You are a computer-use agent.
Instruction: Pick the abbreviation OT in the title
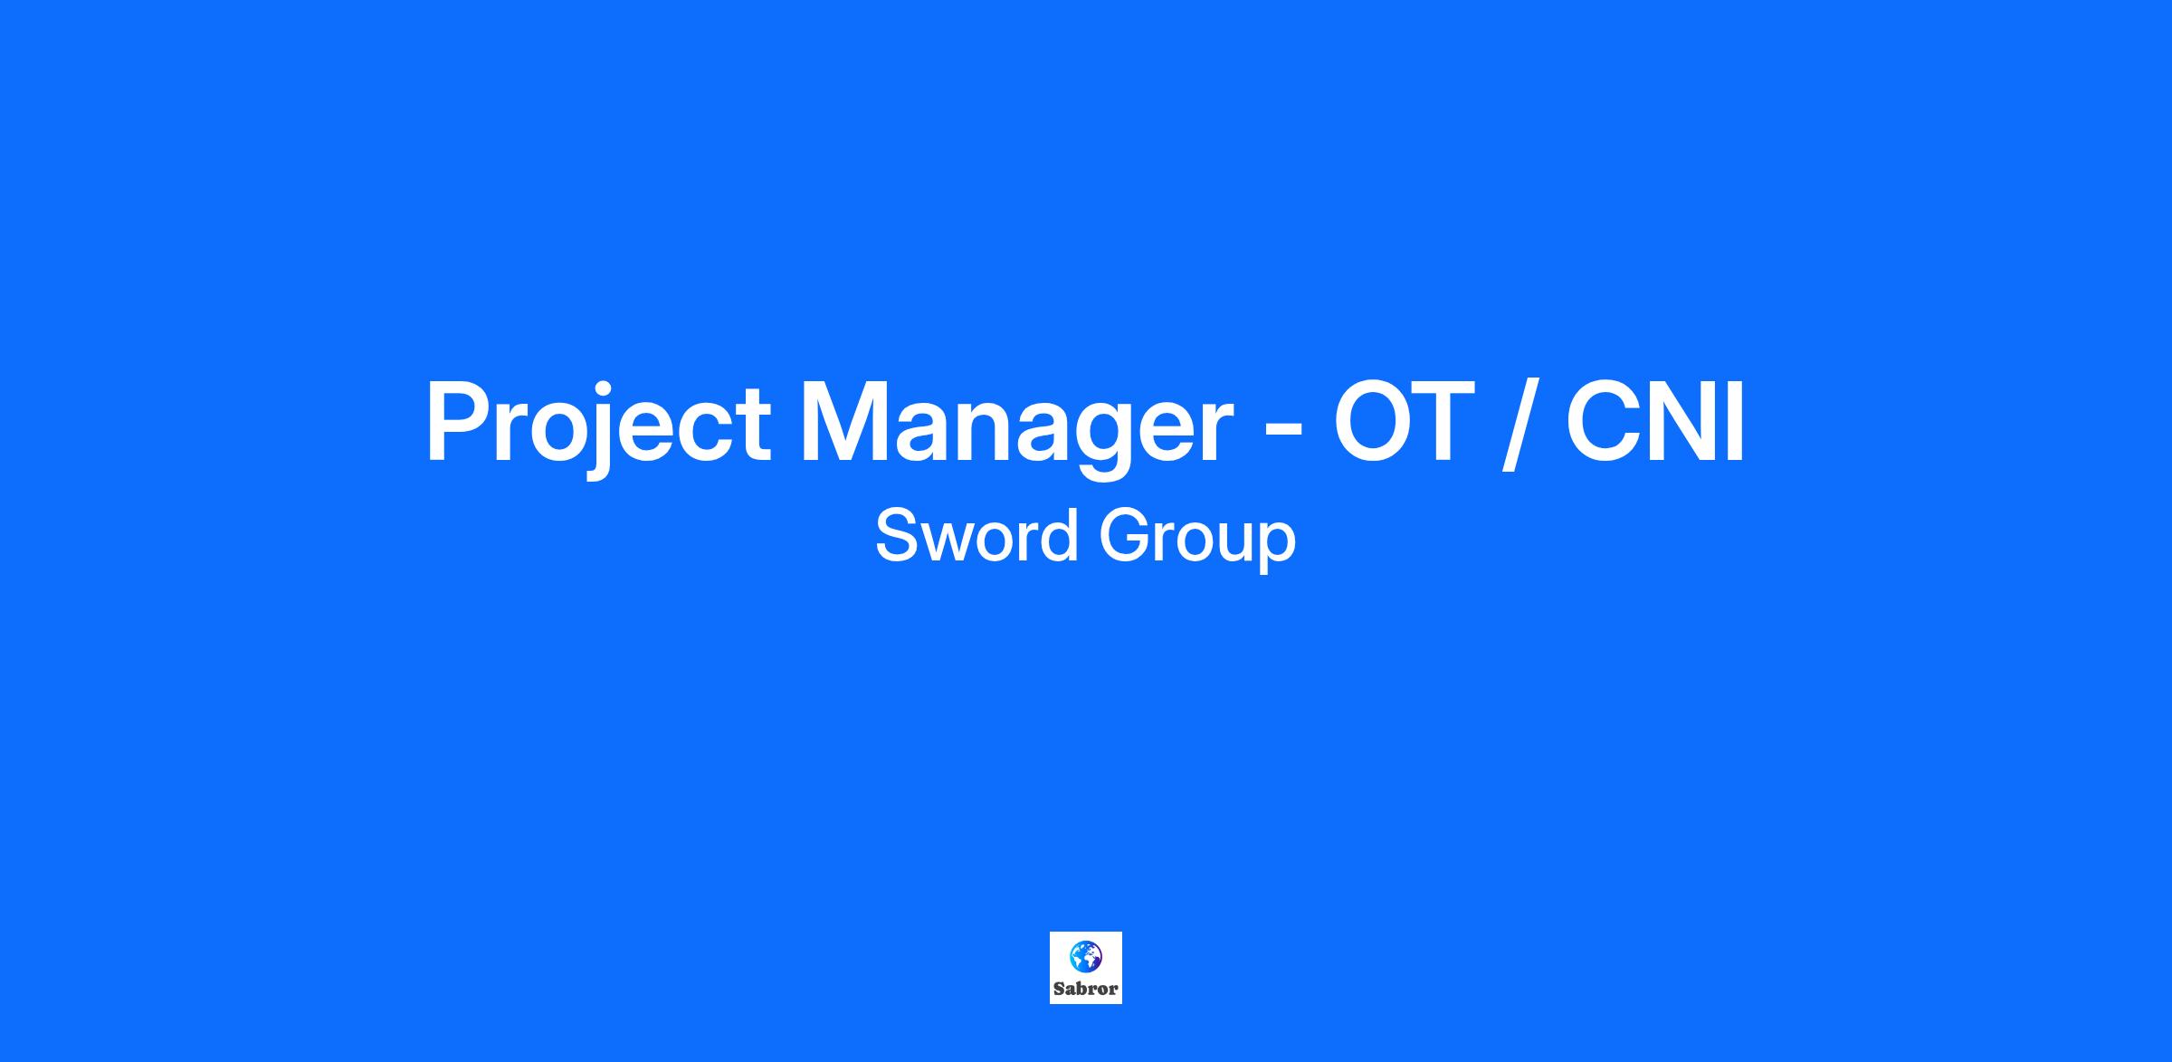pos(1398,419)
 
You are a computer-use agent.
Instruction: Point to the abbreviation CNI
pos(1655,419)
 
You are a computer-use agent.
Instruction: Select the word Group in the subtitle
pos(1197,541)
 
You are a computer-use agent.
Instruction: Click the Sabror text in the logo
pos(1086,990)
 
